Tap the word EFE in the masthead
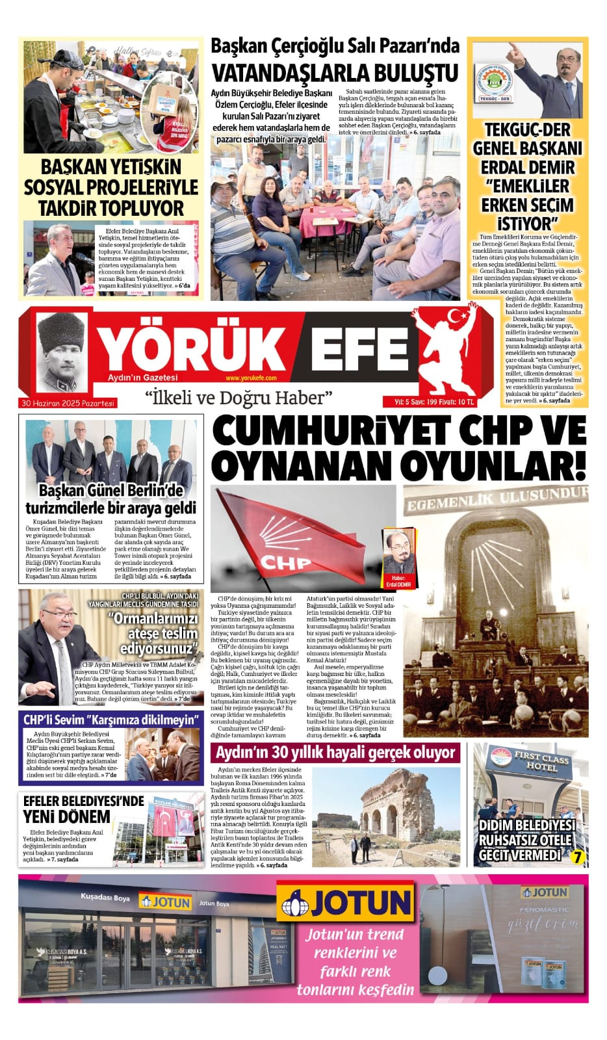tap(359, 348)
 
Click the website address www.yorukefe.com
tap(251, 378)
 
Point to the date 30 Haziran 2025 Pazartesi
tap(68, 403)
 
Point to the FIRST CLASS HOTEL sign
tap(541, 762)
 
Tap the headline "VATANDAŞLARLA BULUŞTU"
tap(335, 72)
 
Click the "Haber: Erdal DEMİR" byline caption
tap(398, 580)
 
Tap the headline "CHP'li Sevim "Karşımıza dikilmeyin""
tap(110, 720)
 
